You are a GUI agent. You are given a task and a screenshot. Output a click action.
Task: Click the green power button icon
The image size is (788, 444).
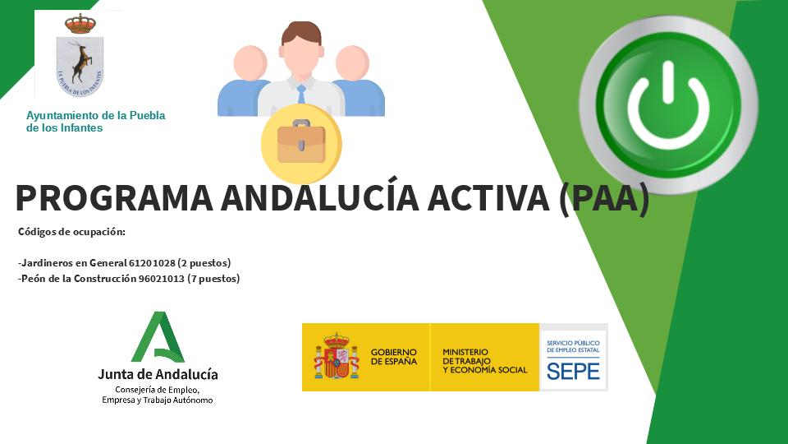pos(668,105)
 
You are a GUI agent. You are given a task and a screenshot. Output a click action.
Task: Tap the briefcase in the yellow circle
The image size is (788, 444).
pos(300,142)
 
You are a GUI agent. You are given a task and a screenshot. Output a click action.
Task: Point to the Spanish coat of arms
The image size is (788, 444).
pos(336,357)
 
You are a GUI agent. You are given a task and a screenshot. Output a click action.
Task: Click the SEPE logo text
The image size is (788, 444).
pos(573,370)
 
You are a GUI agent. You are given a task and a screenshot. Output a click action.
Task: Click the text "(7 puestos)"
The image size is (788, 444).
pos(213,279)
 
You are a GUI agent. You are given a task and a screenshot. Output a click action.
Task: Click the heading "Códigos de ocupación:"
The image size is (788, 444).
pos(71,232)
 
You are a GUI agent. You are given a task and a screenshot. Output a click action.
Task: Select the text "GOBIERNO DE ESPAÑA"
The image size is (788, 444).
pos(393,357)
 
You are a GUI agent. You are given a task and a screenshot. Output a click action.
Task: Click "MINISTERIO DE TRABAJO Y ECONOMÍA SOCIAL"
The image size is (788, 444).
pos(484,361)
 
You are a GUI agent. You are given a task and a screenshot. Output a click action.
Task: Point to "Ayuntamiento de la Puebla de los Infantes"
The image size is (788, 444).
pos(95,122)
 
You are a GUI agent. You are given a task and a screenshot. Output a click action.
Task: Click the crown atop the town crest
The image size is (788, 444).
pos(80,24)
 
